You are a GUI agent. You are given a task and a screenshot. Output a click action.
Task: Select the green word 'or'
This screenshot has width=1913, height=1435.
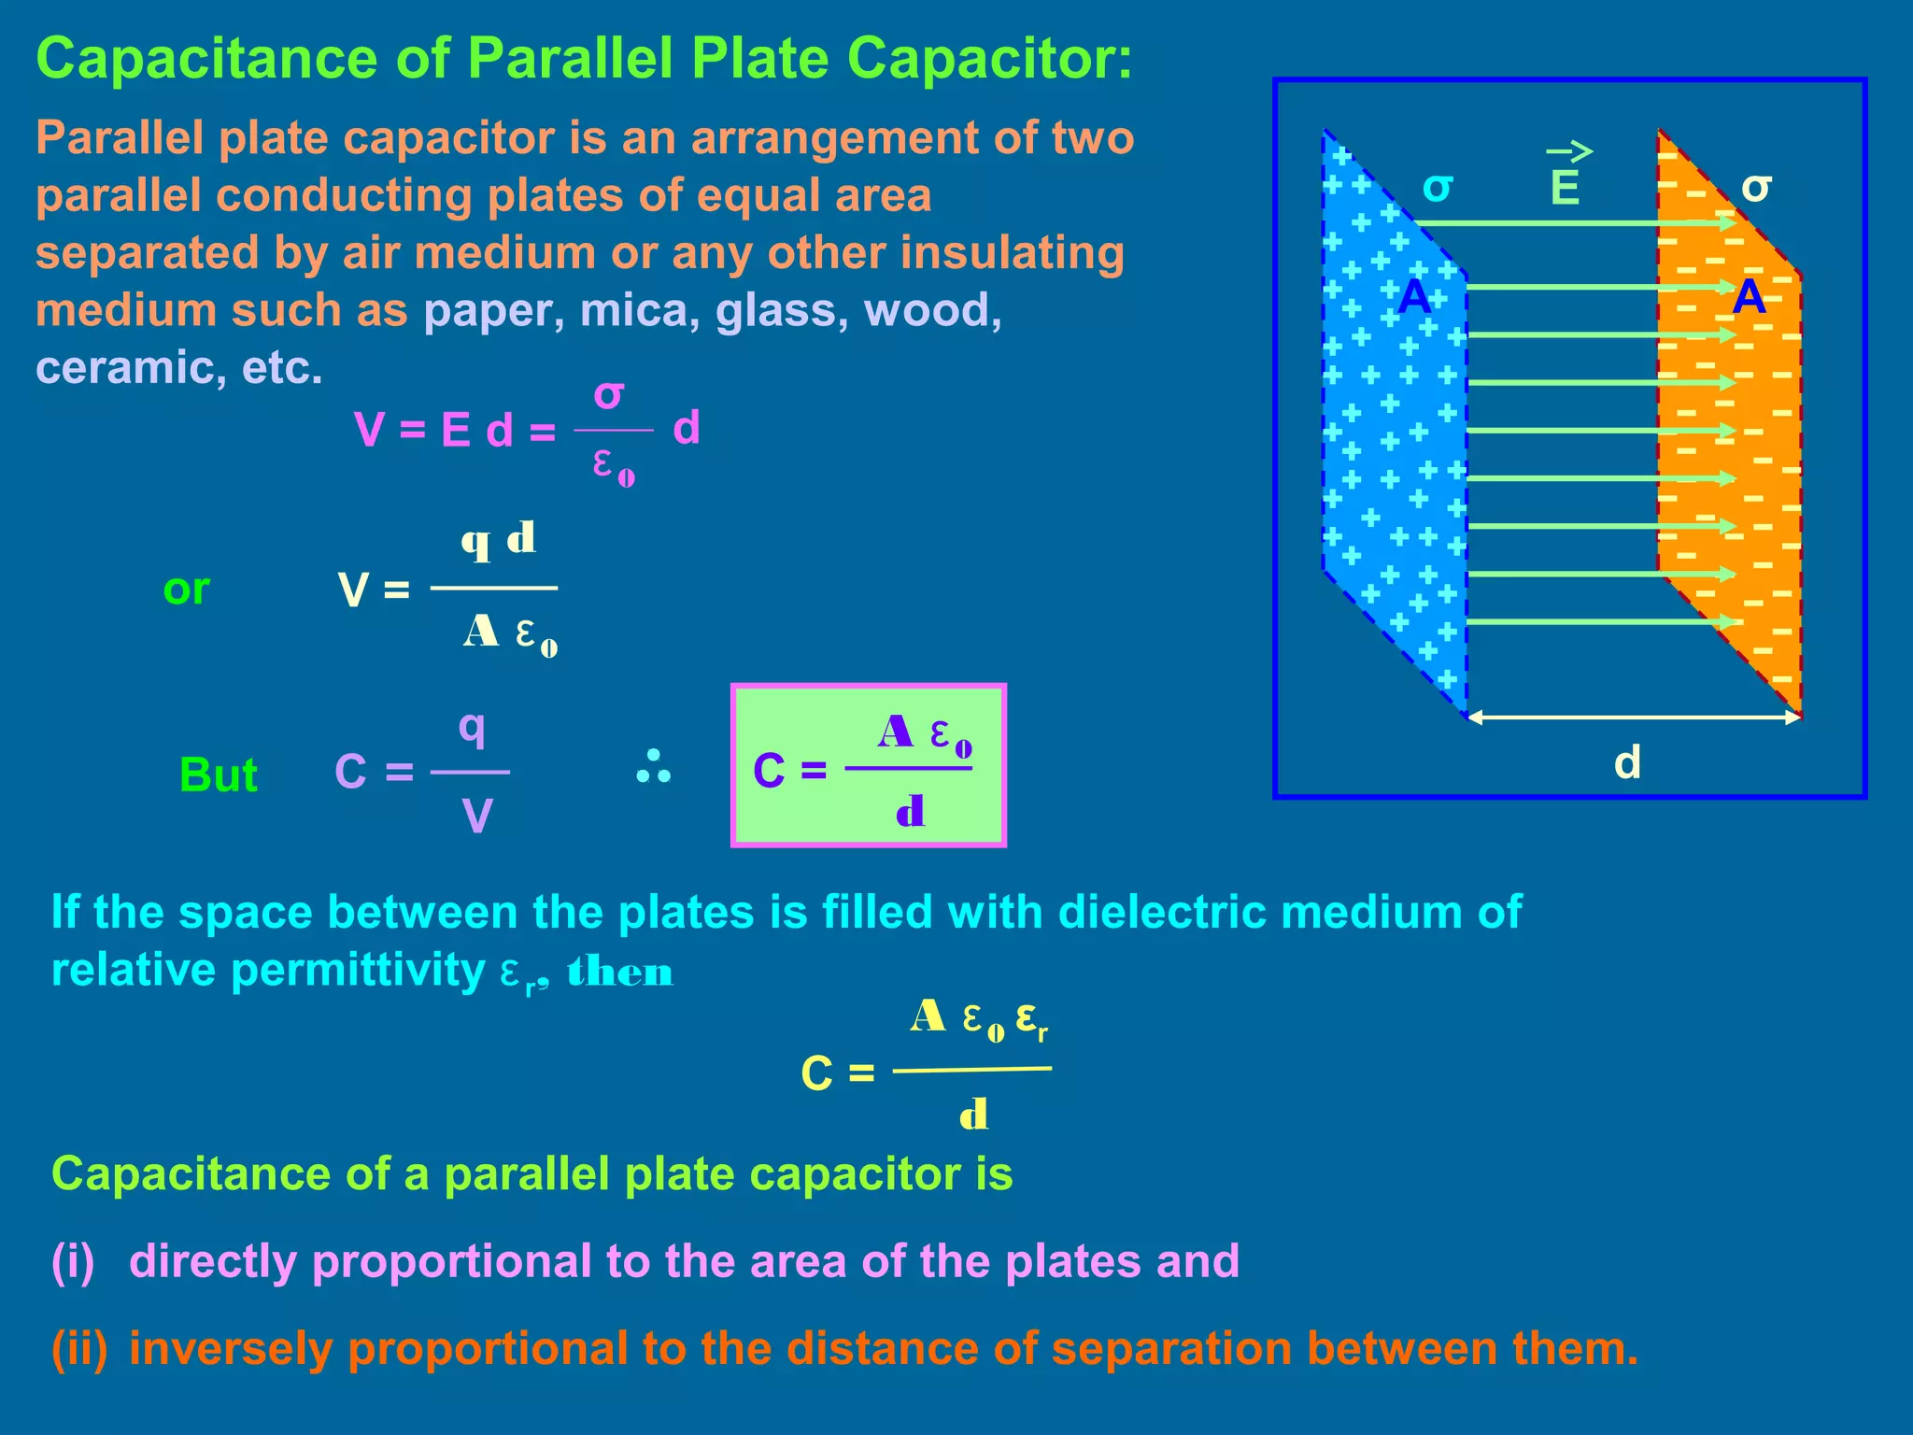coord(186,590)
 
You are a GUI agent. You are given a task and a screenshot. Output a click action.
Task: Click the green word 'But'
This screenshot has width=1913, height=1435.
coord(218,774)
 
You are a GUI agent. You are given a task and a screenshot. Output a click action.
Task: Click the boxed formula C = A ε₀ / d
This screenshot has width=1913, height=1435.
coord(868,765)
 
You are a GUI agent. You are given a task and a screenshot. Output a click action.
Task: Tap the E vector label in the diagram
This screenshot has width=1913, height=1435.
coord(1566,187)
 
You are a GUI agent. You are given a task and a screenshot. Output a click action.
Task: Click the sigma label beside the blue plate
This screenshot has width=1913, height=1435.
coord(1437,187)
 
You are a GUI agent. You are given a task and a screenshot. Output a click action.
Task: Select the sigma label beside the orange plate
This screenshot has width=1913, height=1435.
coord(1756,187)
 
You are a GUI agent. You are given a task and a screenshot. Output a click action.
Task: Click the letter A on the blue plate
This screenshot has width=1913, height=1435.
coord(1414,297)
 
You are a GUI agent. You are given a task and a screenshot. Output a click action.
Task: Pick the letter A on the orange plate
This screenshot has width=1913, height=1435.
coord(1749,297)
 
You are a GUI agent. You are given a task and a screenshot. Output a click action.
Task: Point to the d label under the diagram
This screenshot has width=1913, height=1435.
coord(1627,762)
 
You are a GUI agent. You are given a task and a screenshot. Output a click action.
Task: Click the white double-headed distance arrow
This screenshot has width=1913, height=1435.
coord(1634,717)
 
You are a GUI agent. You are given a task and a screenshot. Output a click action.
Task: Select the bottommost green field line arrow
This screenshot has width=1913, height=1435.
coord(1597,621)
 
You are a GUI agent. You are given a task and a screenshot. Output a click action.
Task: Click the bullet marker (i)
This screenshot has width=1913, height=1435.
coord(74,1261)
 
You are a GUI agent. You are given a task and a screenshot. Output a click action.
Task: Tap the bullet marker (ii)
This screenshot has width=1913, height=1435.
coord(79,1348)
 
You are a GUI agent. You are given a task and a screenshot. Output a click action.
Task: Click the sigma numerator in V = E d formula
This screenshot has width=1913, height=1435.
coord(609,395)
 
